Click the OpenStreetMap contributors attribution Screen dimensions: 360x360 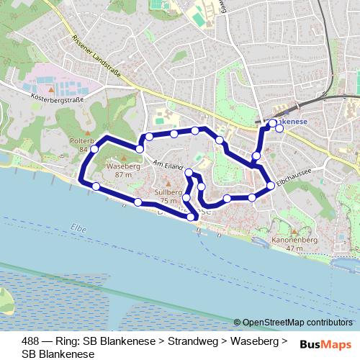click(x=297, y=322)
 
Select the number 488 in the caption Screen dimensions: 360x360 click(x=30, y=341)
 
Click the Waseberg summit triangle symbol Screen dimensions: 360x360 click(x=123, y=159)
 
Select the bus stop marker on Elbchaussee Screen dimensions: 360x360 click(x=270, y=186)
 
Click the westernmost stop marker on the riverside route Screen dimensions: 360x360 click(x=96, y=186)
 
